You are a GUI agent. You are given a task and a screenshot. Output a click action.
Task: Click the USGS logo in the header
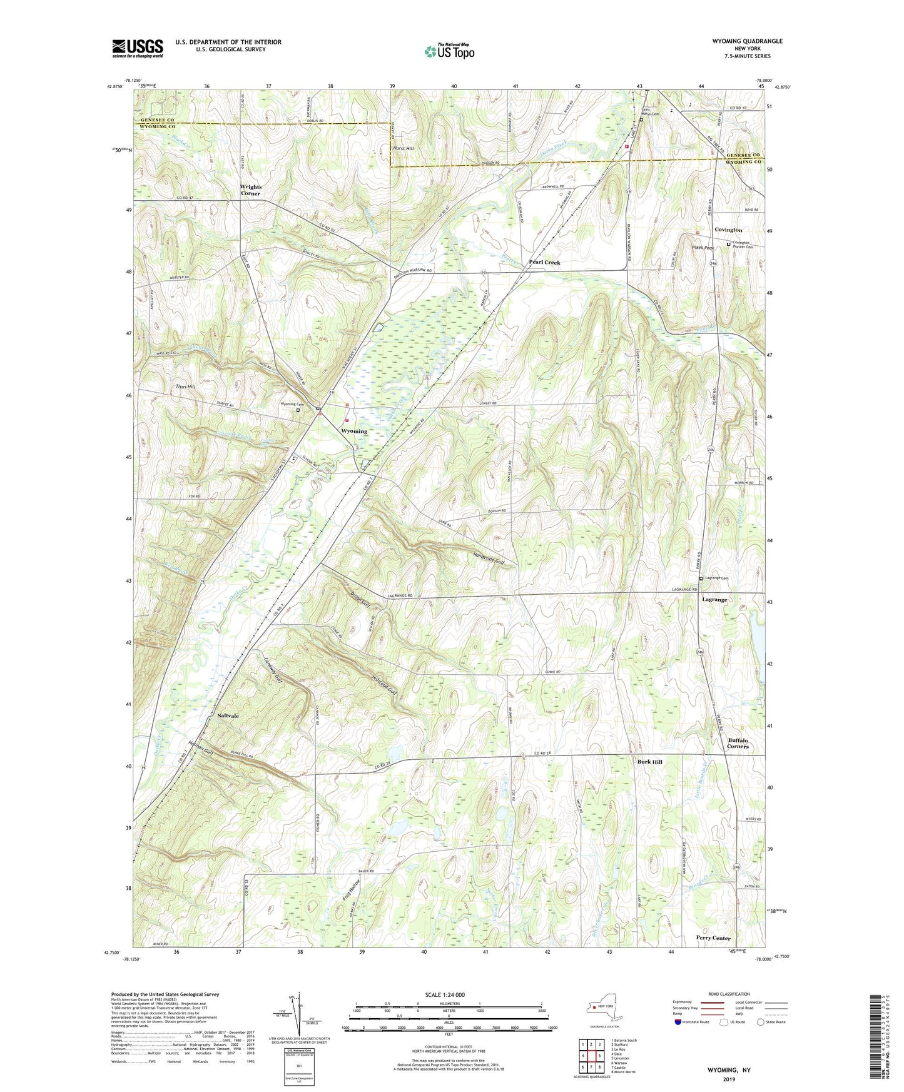click(x=138, y=48)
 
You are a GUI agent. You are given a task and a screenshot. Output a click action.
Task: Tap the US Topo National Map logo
click(x=449, y=51)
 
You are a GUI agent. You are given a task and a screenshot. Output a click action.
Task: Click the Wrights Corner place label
click(x=251, y=190)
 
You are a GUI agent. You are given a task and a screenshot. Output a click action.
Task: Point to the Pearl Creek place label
click(x=544, y=263)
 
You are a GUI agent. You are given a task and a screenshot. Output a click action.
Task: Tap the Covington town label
click(x=728, y=230)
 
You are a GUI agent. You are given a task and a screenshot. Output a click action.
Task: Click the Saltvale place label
click(x=228, y=715)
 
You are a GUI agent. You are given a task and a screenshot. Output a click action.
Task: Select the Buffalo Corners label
click(x=738, y=743)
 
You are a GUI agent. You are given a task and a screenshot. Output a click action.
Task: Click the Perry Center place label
click(x=713, y=938)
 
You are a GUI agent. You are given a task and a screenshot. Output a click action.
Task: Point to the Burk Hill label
click(x=649, y=762)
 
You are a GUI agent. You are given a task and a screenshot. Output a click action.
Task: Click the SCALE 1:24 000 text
click(x=444, y=995)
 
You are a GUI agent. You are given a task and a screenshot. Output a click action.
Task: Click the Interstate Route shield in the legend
click(x=678, y=1022)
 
